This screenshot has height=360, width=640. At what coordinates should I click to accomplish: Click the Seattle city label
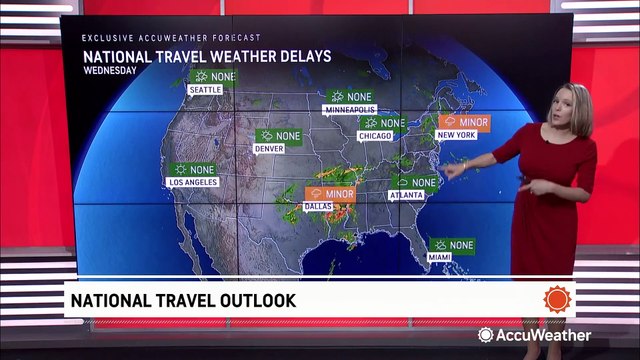click(x=204, y=90)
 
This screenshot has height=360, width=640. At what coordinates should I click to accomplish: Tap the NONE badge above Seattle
click(x=214, y=76)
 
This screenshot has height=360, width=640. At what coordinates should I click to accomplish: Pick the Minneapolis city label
click(x=349, y=110)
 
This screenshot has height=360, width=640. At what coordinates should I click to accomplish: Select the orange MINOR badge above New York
click(x=465, y=122)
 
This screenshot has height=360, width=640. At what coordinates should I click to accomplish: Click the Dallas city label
click(x=318, y=206)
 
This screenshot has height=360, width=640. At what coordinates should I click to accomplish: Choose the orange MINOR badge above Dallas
click(x=332, y=193)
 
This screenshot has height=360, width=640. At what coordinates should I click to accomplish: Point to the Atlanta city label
click(x=407, y=196)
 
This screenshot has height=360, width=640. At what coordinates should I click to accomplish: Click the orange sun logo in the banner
click(x=557, y=299)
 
